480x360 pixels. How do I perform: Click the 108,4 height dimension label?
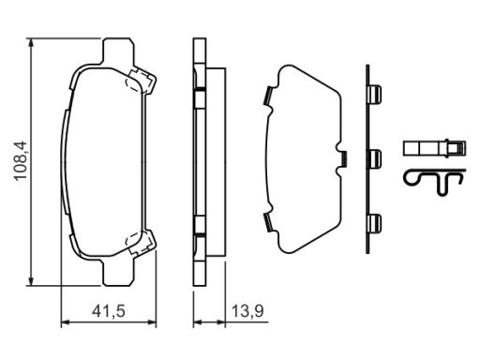tap(21, 161)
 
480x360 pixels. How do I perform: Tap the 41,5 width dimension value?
tap(109, 311)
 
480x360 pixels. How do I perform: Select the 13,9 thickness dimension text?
tap(247, 311)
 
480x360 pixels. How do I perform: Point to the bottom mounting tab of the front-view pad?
tap(118, 273)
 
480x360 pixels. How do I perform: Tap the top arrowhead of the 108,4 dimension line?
tap(31, 43)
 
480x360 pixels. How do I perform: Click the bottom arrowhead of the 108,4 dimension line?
tap(31, 280)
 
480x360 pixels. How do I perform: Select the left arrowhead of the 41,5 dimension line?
tap(66, 322)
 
